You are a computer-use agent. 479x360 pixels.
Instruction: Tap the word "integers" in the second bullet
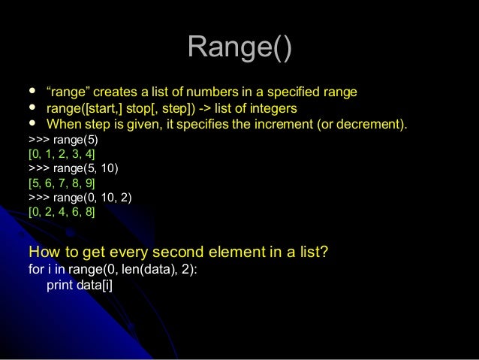(x=274, y=108)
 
